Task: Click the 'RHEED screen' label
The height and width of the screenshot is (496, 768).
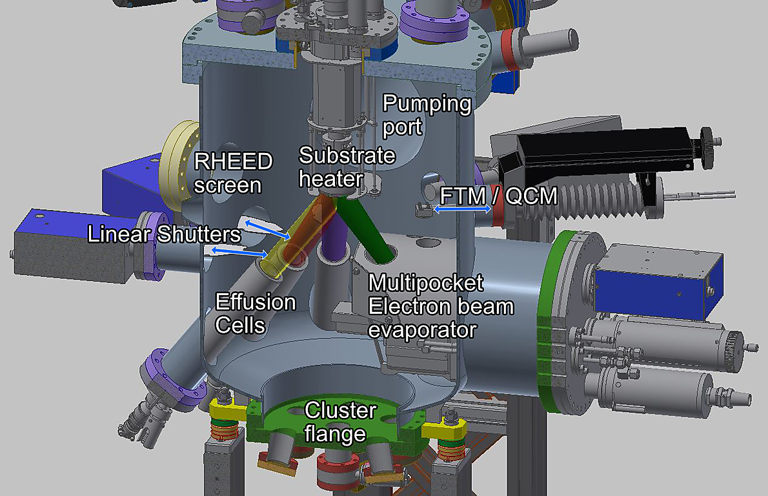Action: [x=233, y=173]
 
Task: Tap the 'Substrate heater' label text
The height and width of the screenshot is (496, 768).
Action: [x=347, y=167]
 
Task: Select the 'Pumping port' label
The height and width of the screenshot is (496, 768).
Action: [x=427, y=115]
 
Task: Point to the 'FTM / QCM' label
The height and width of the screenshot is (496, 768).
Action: [x=498, y=196]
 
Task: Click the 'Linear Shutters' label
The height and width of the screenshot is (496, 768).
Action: [x=164, y=234]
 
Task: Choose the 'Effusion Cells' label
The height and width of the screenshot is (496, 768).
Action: [x=255, y=313]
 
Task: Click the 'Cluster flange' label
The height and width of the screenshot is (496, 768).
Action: [x=340, y=422]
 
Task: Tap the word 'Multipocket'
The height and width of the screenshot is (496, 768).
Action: [x=426, y=283]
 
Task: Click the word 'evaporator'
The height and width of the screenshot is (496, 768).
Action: [x=422, y=330]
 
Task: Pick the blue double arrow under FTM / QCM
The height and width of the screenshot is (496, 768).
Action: [x=462, y=209]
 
